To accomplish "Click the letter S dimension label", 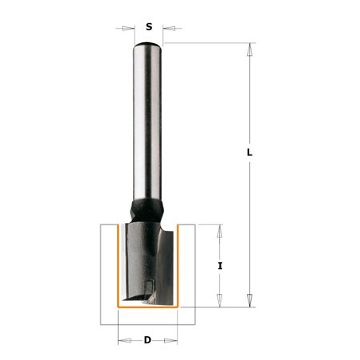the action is click(149, 26).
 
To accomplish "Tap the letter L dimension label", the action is click(249, 153).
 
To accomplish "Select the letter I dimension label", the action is click(220, 266).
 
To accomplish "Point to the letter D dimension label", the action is click(147, 340).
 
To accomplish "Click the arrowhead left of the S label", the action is click(128, 29).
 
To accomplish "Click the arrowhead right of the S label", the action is click(169, 28).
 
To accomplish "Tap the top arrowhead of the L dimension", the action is click(249, 49).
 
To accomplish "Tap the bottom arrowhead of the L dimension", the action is click(249, 300).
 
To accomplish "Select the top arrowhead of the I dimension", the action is click(219, 231).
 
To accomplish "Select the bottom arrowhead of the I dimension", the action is click(219, 300).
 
